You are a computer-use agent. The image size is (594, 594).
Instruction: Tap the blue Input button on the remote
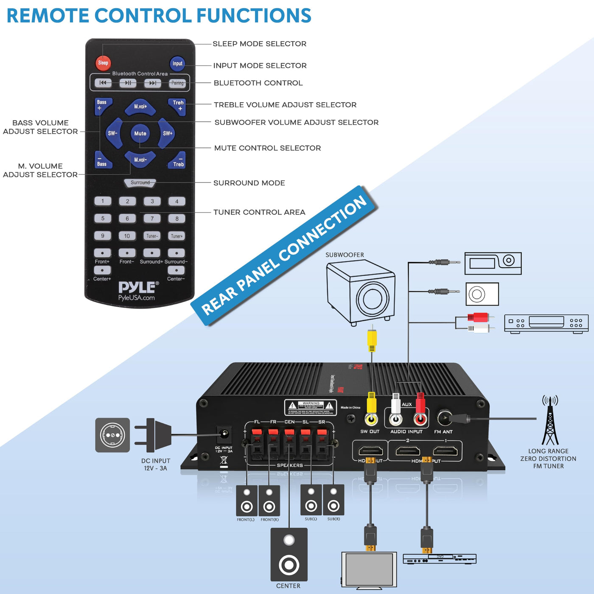(x=177, y=64)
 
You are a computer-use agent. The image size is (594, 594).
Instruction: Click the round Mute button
(x=140, y=133)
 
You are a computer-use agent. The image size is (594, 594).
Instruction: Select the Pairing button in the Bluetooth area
(x=177, y=83)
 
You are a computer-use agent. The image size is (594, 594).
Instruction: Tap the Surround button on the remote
(x=140, y=183)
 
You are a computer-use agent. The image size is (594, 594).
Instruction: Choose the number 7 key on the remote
(x=152, y=219)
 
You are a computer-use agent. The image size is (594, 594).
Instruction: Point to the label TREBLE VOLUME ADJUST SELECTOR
(x=285, y=105)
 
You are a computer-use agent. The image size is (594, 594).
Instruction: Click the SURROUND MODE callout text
(x=249, y=183)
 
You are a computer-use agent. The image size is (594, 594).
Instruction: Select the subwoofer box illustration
(x=361, y=293)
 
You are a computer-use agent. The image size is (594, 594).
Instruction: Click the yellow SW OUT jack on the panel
(x=372, y=420)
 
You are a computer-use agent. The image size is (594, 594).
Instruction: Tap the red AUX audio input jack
(x=420, y=420)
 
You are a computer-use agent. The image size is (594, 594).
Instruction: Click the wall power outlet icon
(x=112, y=435)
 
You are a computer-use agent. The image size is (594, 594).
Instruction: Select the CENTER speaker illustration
(x=289, y=555)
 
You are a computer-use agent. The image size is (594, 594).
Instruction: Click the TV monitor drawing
(x=369, y=569)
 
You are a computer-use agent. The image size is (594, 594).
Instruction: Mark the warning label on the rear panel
(x=311, y=407)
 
